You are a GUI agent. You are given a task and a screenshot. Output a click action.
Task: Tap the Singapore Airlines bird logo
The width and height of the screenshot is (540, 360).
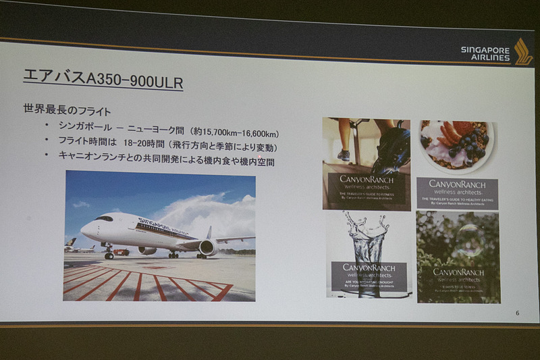pos(522,51)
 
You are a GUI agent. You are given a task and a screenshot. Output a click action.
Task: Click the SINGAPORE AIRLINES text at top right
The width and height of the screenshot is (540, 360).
pos(485,53)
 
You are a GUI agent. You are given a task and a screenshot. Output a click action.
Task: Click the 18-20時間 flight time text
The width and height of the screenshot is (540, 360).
pos(165,146)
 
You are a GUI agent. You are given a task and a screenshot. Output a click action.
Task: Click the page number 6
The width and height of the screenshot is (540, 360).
pos(517,312)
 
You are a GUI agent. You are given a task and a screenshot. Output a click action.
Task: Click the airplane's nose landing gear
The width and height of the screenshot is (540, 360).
pos(109,255)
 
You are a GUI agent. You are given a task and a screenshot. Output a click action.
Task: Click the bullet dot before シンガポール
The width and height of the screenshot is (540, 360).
pos(47,126)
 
